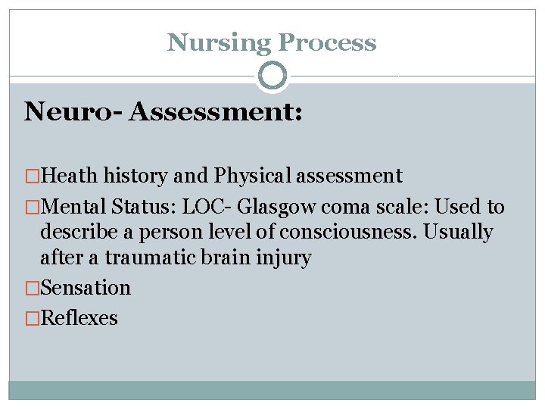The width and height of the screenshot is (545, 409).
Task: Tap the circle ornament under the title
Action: tap(272, 76)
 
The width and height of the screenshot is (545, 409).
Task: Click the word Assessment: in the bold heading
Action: tap(216, 112)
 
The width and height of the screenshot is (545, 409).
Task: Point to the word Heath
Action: tap(70, 176)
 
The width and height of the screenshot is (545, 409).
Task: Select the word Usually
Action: tap(458, 232)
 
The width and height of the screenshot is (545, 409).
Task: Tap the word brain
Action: tap(220, 258)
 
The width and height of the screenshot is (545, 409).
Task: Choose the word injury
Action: tap(282, 258)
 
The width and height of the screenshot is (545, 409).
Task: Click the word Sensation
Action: tap(86, 288)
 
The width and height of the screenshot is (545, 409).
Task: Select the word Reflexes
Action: tap(79, 318)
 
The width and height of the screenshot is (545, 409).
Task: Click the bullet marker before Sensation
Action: tap(32, 288)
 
